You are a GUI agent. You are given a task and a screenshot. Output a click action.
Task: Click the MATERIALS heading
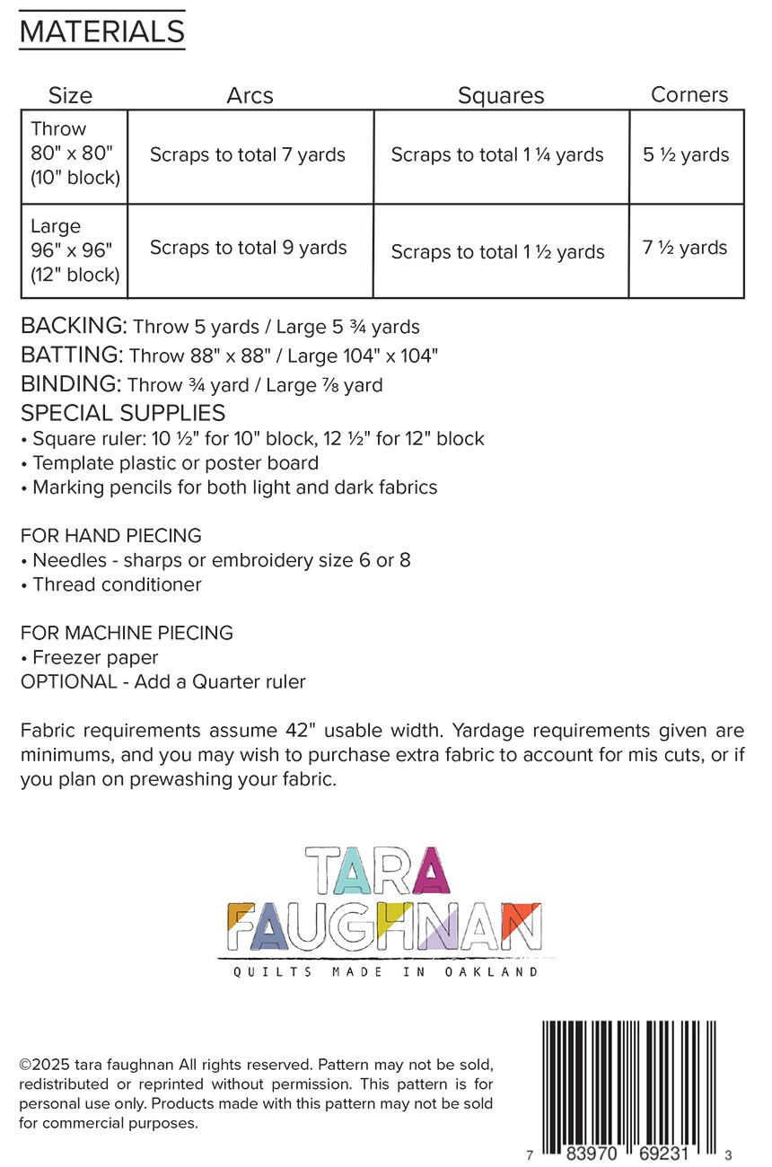tap(101, 32)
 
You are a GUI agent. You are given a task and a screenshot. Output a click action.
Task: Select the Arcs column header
tap(250, 95)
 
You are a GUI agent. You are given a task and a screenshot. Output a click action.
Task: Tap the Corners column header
tap(689, 94)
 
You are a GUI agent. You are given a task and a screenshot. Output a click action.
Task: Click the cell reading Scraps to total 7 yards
tap(248, 155)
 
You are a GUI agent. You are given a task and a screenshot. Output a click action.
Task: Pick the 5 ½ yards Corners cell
tap(687, 154)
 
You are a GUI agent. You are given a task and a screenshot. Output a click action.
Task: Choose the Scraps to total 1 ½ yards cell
tap(498, 252)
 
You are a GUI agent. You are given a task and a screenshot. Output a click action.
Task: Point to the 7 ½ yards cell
tap(686, 248)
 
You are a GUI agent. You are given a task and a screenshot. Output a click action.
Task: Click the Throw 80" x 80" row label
tap(75, 154)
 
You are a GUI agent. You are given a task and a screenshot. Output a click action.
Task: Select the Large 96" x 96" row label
tap(75, 250)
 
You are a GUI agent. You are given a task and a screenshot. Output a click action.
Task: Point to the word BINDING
tap(68, 384)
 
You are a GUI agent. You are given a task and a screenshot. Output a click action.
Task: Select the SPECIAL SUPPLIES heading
tap(123, 414)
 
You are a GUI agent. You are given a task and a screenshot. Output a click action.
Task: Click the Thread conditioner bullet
tap(116, 584)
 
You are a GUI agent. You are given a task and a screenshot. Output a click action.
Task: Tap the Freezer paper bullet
tap(94, 657)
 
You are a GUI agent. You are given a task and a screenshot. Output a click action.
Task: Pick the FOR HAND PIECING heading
tap(110, 536)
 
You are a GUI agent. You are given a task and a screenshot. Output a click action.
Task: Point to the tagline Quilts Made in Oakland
tap(386, 972)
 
